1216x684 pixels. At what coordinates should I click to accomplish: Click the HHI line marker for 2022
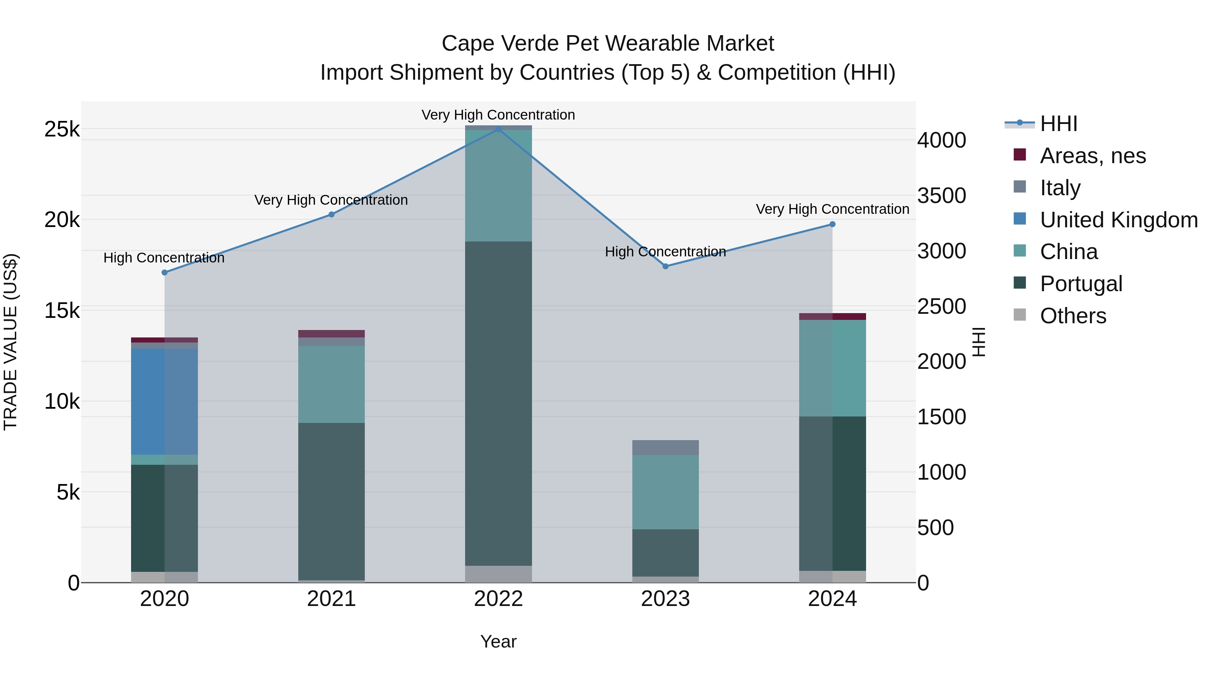[x=498, y=129]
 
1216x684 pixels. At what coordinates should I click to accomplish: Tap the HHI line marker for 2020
[x=164, y=272]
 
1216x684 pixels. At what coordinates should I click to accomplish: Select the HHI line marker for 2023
[x=665, y=266]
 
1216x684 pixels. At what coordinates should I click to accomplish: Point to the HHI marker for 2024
[x=832, y=224]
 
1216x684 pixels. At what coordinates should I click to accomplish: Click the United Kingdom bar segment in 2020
[x=164, y=401]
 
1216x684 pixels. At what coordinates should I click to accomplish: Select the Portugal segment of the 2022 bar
[x=498, y=404]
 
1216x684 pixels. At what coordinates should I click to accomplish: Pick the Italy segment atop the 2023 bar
[x=665, y=448]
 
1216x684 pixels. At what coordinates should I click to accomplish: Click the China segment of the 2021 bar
[x=331, y=384]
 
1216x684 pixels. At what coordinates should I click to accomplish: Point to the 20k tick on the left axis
[x=62, y=220]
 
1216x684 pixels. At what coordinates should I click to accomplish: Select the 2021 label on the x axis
[x=331, y=599]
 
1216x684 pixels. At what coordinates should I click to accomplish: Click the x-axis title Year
[x=498, y=641]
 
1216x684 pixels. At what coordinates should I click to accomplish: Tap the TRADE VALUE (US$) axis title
[x=10, y=342]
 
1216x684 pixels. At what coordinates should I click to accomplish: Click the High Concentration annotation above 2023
[x=665, y=252]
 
